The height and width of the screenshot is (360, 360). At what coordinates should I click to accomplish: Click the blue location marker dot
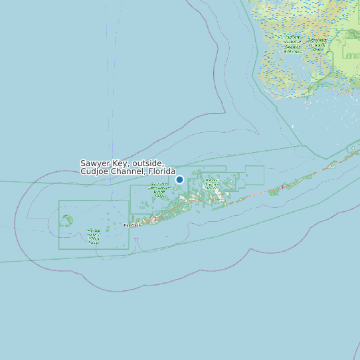(179, 179)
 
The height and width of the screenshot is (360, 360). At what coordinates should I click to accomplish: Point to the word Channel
(130, 171)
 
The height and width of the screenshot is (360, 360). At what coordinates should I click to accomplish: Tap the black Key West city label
(132, 225)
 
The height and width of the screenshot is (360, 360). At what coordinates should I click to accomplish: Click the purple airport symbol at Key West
(155, 219)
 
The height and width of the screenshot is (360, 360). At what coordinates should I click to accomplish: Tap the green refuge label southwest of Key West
(94, 235)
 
